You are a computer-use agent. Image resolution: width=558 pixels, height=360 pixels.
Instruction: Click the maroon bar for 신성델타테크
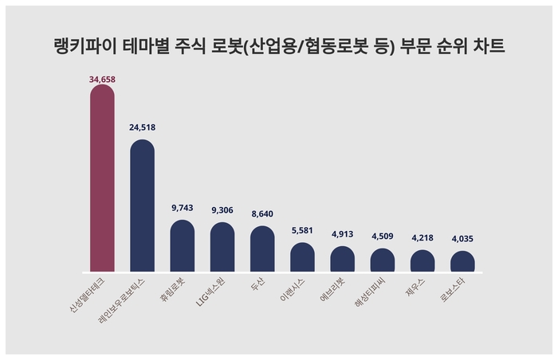click(x=102, y=179)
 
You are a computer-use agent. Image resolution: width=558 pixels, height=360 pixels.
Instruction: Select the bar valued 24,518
click(x=142, y=207)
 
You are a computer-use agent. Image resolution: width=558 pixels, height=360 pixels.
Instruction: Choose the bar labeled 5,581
click(x=302, y=257)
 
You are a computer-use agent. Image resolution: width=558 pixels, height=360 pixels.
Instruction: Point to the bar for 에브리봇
click(x=342, y=259)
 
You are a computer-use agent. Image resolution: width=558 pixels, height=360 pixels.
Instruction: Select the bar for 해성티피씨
click(x=382, y=260)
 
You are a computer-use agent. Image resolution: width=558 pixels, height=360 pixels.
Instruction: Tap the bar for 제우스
click(x=422, y=261)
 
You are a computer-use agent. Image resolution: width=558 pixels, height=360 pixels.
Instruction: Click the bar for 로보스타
click(x=462, y=262)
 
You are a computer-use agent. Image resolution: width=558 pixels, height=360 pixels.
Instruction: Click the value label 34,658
click(x=102, y=80)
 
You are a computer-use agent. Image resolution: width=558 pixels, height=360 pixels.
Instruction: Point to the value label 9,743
click(x=183, y=208)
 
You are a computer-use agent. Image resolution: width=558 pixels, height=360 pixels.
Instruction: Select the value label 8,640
click(x=262, y=214)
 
